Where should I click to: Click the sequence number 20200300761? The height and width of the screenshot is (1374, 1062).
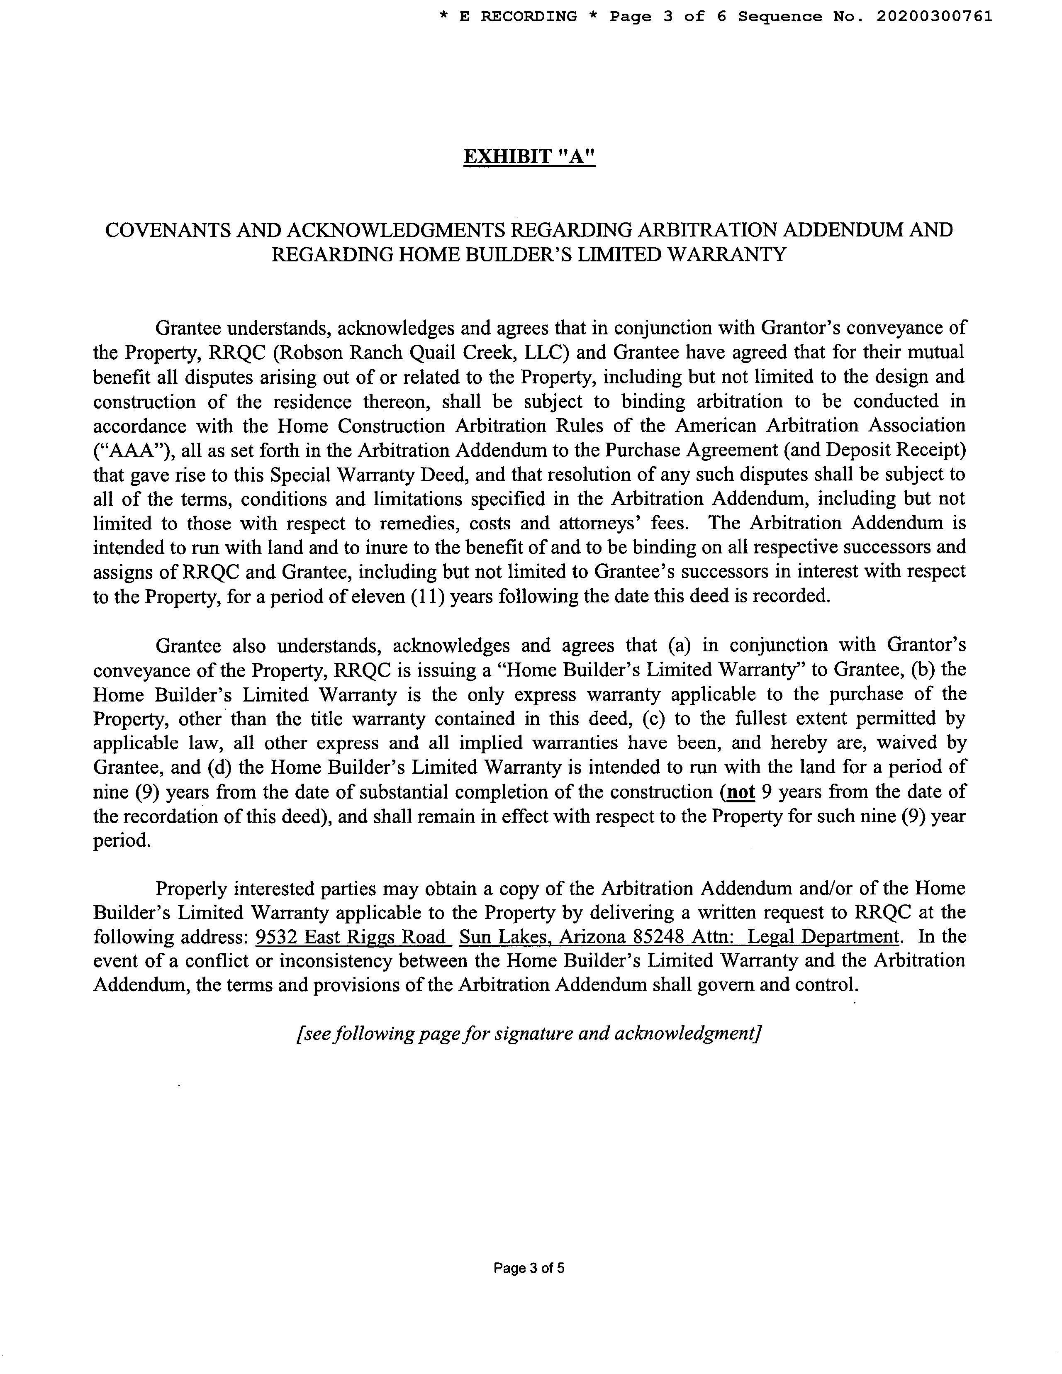click(x=934, y=16)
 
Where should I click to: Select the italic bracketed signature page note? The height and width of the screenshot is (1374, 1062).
click(x=529, y=1034)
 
